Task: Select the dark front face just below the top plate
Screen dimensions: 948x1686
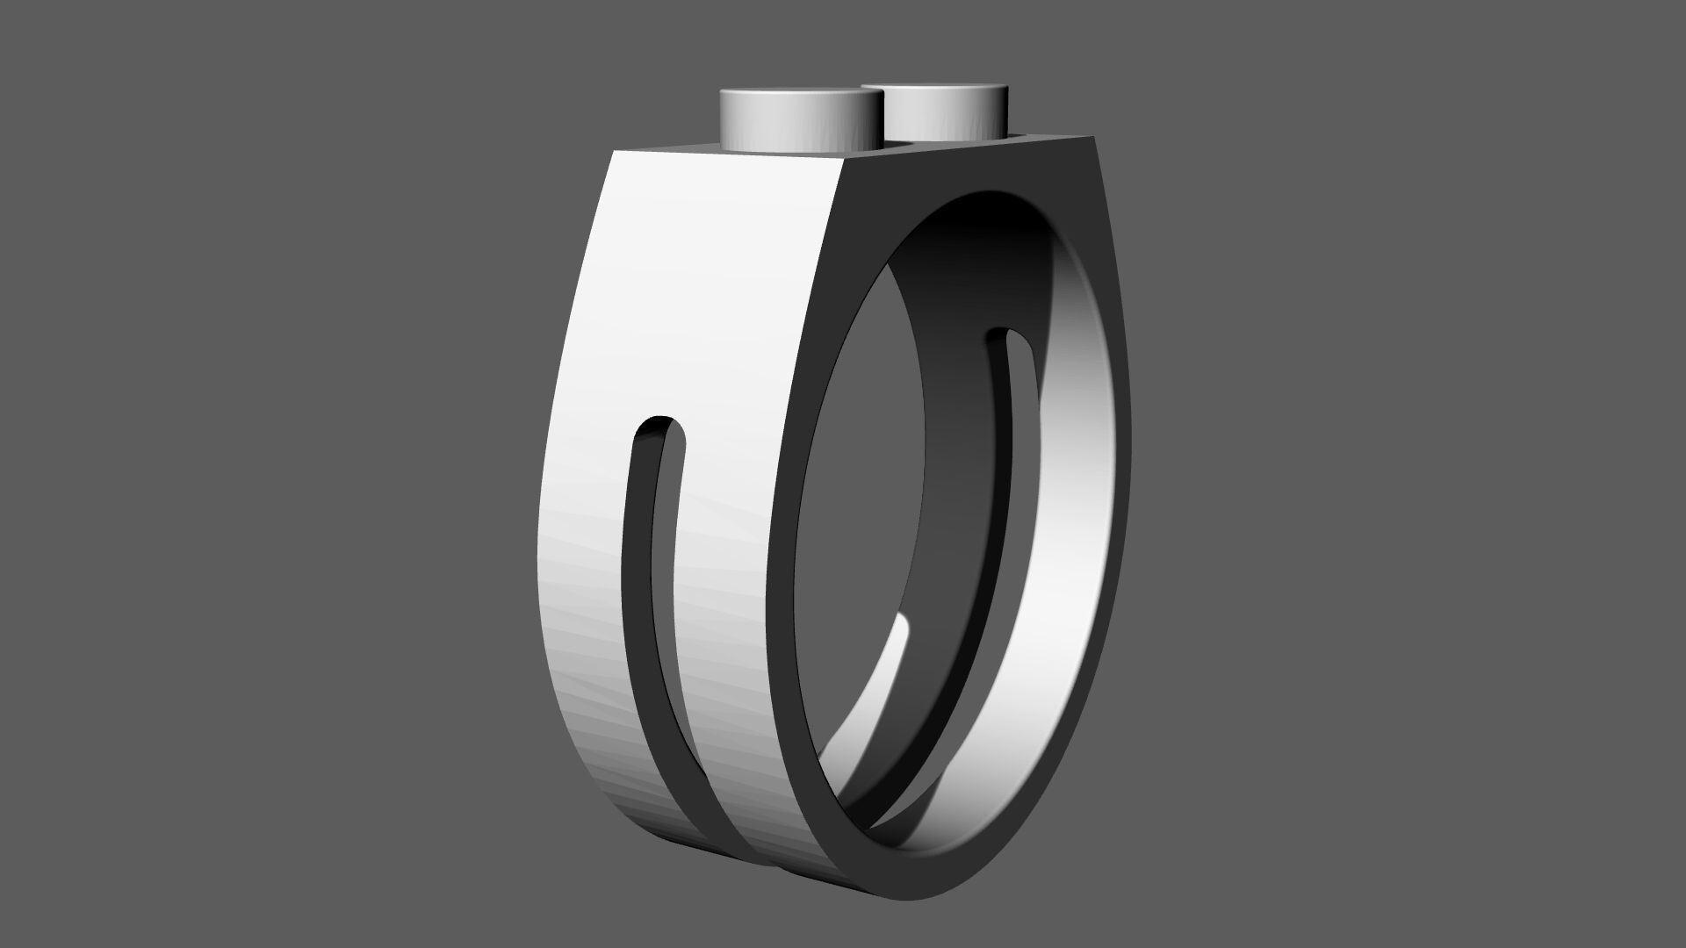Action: coord(966,171)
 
